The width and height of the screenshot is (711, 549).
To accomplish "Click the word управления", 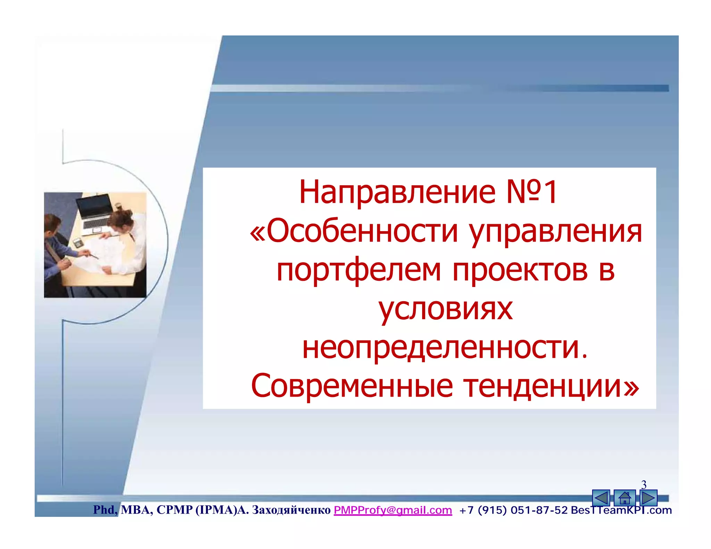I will (555, 232).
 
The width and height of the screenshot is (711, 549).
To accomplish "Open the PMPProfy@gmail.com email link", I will (393, 510).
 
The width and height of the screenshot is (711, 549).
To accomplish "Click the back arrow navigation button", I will (601, 498).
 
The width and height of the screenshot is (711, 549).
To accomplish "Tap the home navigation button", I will (625, 498).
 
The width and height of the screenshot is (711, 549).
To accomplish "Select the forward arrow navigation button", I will (648, 498).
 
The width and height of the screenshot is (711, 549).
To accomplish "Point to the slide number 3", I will (644, 484).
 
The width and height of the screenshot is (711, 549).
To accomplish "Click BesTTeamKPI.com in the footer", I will (621, 510).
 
